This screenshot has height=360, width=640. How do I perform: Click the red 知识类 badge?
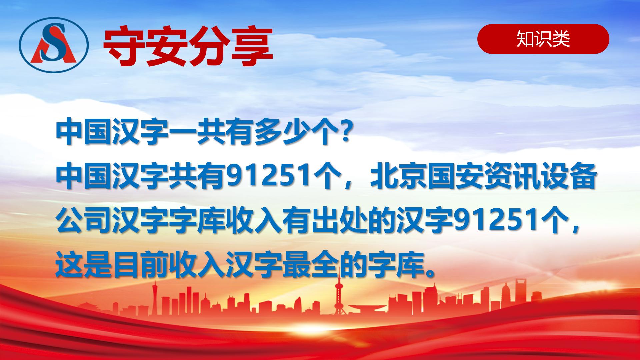[x=543, y=39]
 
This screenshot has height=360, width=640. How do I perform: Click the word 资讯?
[x=511, y=177]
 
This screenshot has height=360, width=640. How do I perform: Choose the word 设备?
[x=568, y=177]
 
